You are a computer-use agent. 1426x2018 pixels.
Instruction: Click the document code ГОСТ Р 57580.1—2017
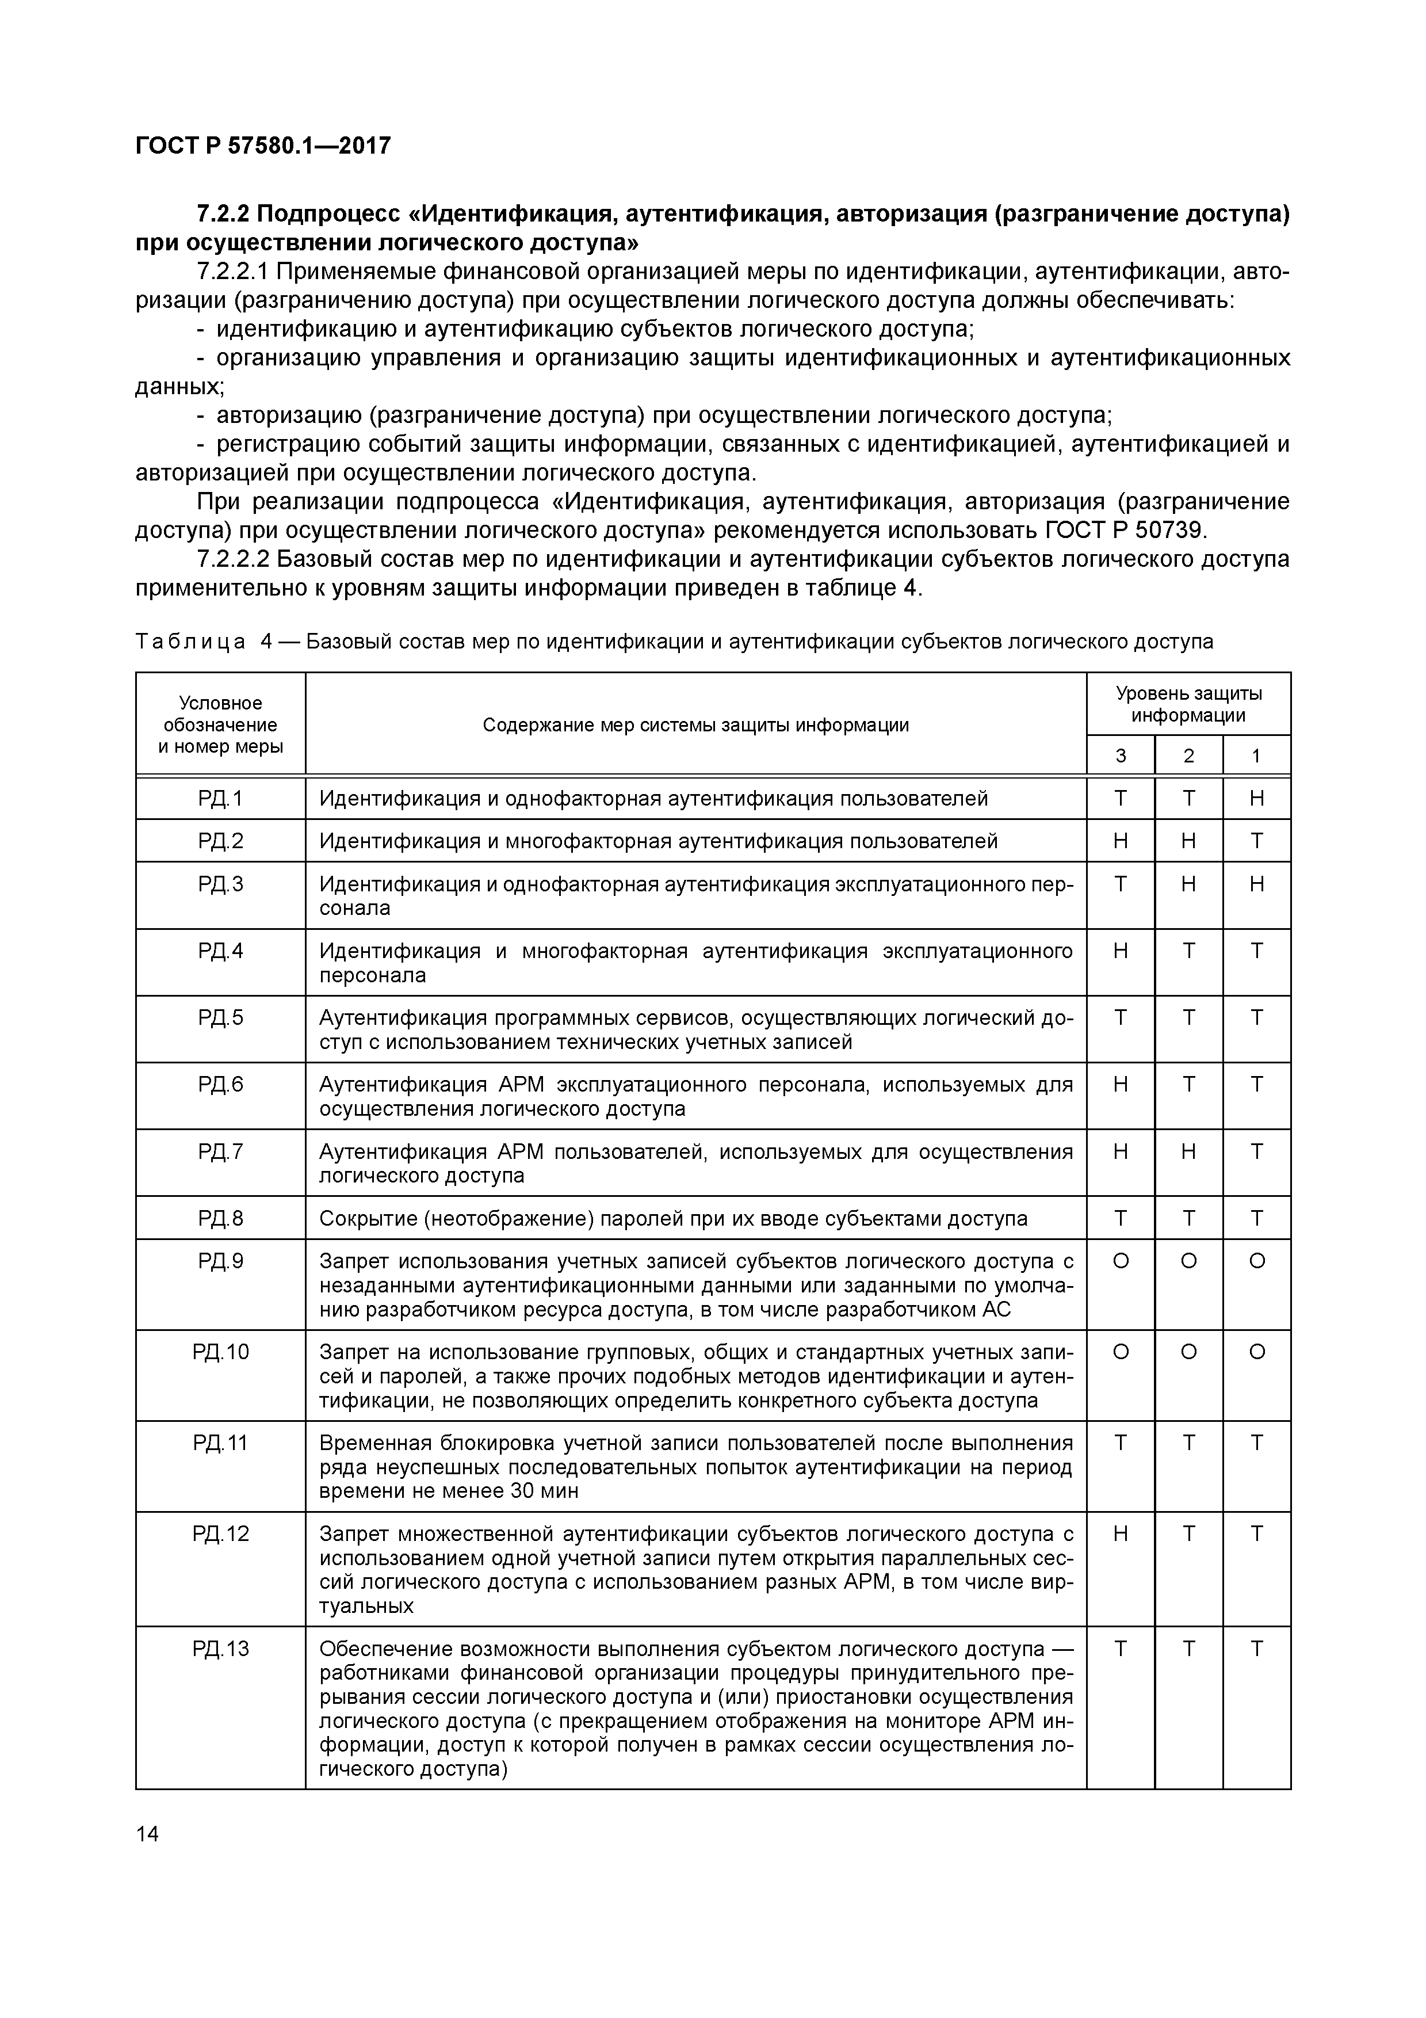tap(263, 145)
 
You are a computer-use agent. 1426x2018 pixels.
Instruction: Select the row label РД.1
tap(220, 798)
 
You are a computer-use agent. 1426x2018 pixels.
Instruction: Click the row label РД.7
tap(220, 1151)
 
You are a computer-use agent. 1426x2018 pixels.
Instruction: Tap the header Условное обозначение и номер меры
tap(220, 725)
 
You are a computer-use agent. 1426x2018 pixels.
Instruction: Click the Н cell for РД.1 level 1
tap(1256, 798)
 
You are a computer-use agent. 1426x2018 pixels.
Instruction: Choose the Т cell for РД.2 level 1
tap(1256, 841)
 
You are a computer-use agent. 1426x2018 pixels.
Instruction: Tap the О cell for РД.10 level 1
tap(1256, 1352)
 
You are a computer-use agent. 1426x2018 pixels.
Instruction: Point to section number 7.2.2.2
tap(233, 559)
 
